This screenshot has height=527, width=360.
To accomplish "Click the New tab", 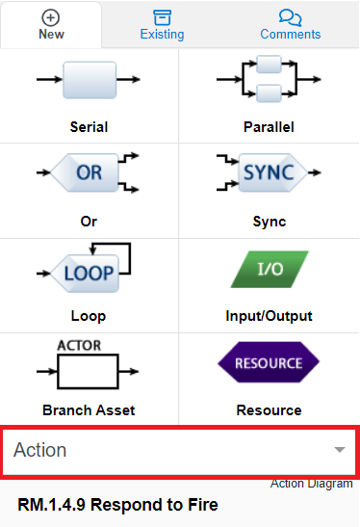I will [x=51, y=25].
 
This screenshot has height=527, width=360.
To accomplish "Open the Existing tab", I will [x=163, y=25].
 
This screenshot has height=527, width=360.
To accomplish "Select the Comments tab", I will [x=290, y=25].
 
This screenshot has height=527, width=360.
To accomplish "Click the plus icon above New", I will [x=51, y=17].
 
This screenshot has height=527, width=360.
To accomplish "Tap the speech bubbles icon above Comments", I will [x=290, y=17].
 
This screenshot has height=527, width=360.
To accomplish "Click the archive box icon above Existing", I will [x=163, y=17].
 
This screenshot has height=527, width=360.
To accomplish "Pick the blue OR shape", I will [x=89, y=173].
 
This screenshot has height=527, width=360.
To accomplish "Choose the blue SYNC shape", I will [x=269, y=173].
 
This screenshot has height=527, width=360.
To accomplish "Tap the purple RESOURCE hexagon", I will [x=269, y=364].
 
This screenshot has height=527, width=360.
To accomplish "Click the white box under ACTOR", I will [x=89, y=369].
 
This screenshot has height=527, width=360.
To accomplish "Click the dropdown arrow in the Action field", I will [x=339, y=450].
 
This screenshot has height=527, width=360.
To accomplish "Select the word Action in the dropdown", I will [x=39, y=450].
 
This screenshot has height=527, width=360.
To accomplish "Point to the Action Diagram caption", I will [x=311, y=484].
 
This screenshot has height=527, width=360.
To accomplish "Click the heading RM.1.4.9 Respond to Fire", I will [x=117, y=505].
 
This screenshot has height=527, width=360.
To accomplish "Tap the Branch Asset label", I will [x=90, y=410].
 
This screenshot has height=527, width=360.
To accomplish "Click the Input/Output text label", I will [x=269, y=316].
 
